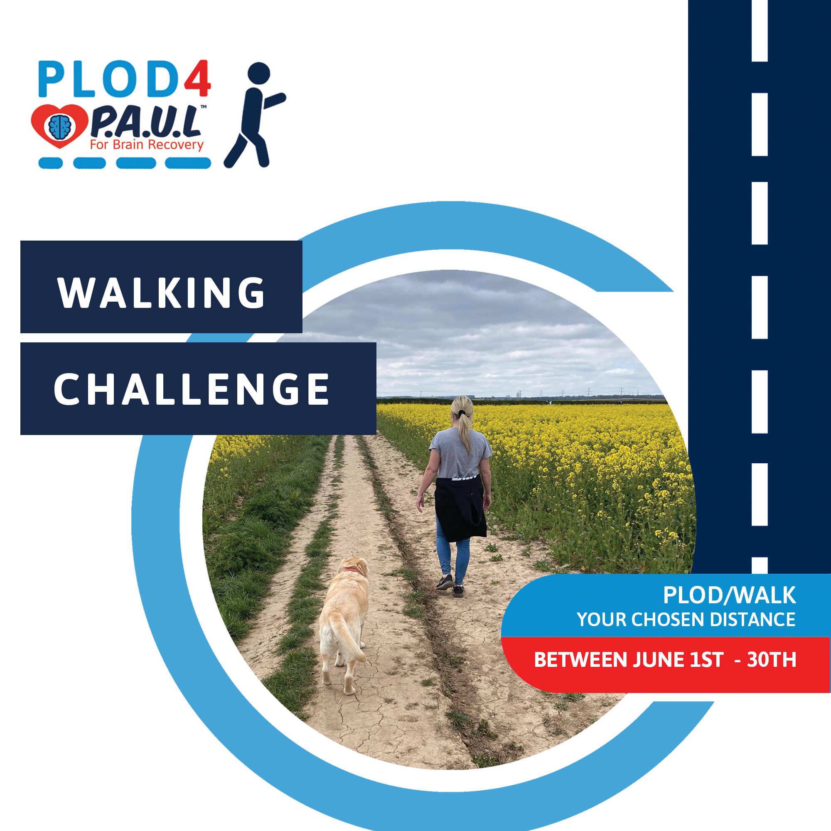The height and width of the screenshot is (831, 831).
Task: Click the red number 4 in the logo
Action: [x=197, y=79]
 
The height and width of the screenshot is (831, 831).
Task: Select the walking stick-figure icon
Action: [x=254, y=115]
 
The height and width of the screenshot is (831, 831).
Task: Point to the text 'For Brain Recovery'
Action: [x=146, y=145]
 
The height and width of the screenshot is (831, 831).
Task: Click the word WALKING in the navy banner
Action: [x=162, y=293]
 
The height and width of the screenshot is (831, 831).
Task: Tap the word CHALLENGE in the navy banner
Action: [x=192, y=388]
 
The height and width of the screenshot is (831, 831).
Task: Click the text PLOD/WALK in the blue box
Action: [x=729, y=596]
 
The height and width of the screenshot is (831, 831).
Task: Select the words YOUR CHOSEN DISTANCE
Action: [x=686, y=620]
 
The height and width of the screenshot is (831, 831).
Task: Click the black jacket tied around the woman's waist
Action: [x=460, y=508]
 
